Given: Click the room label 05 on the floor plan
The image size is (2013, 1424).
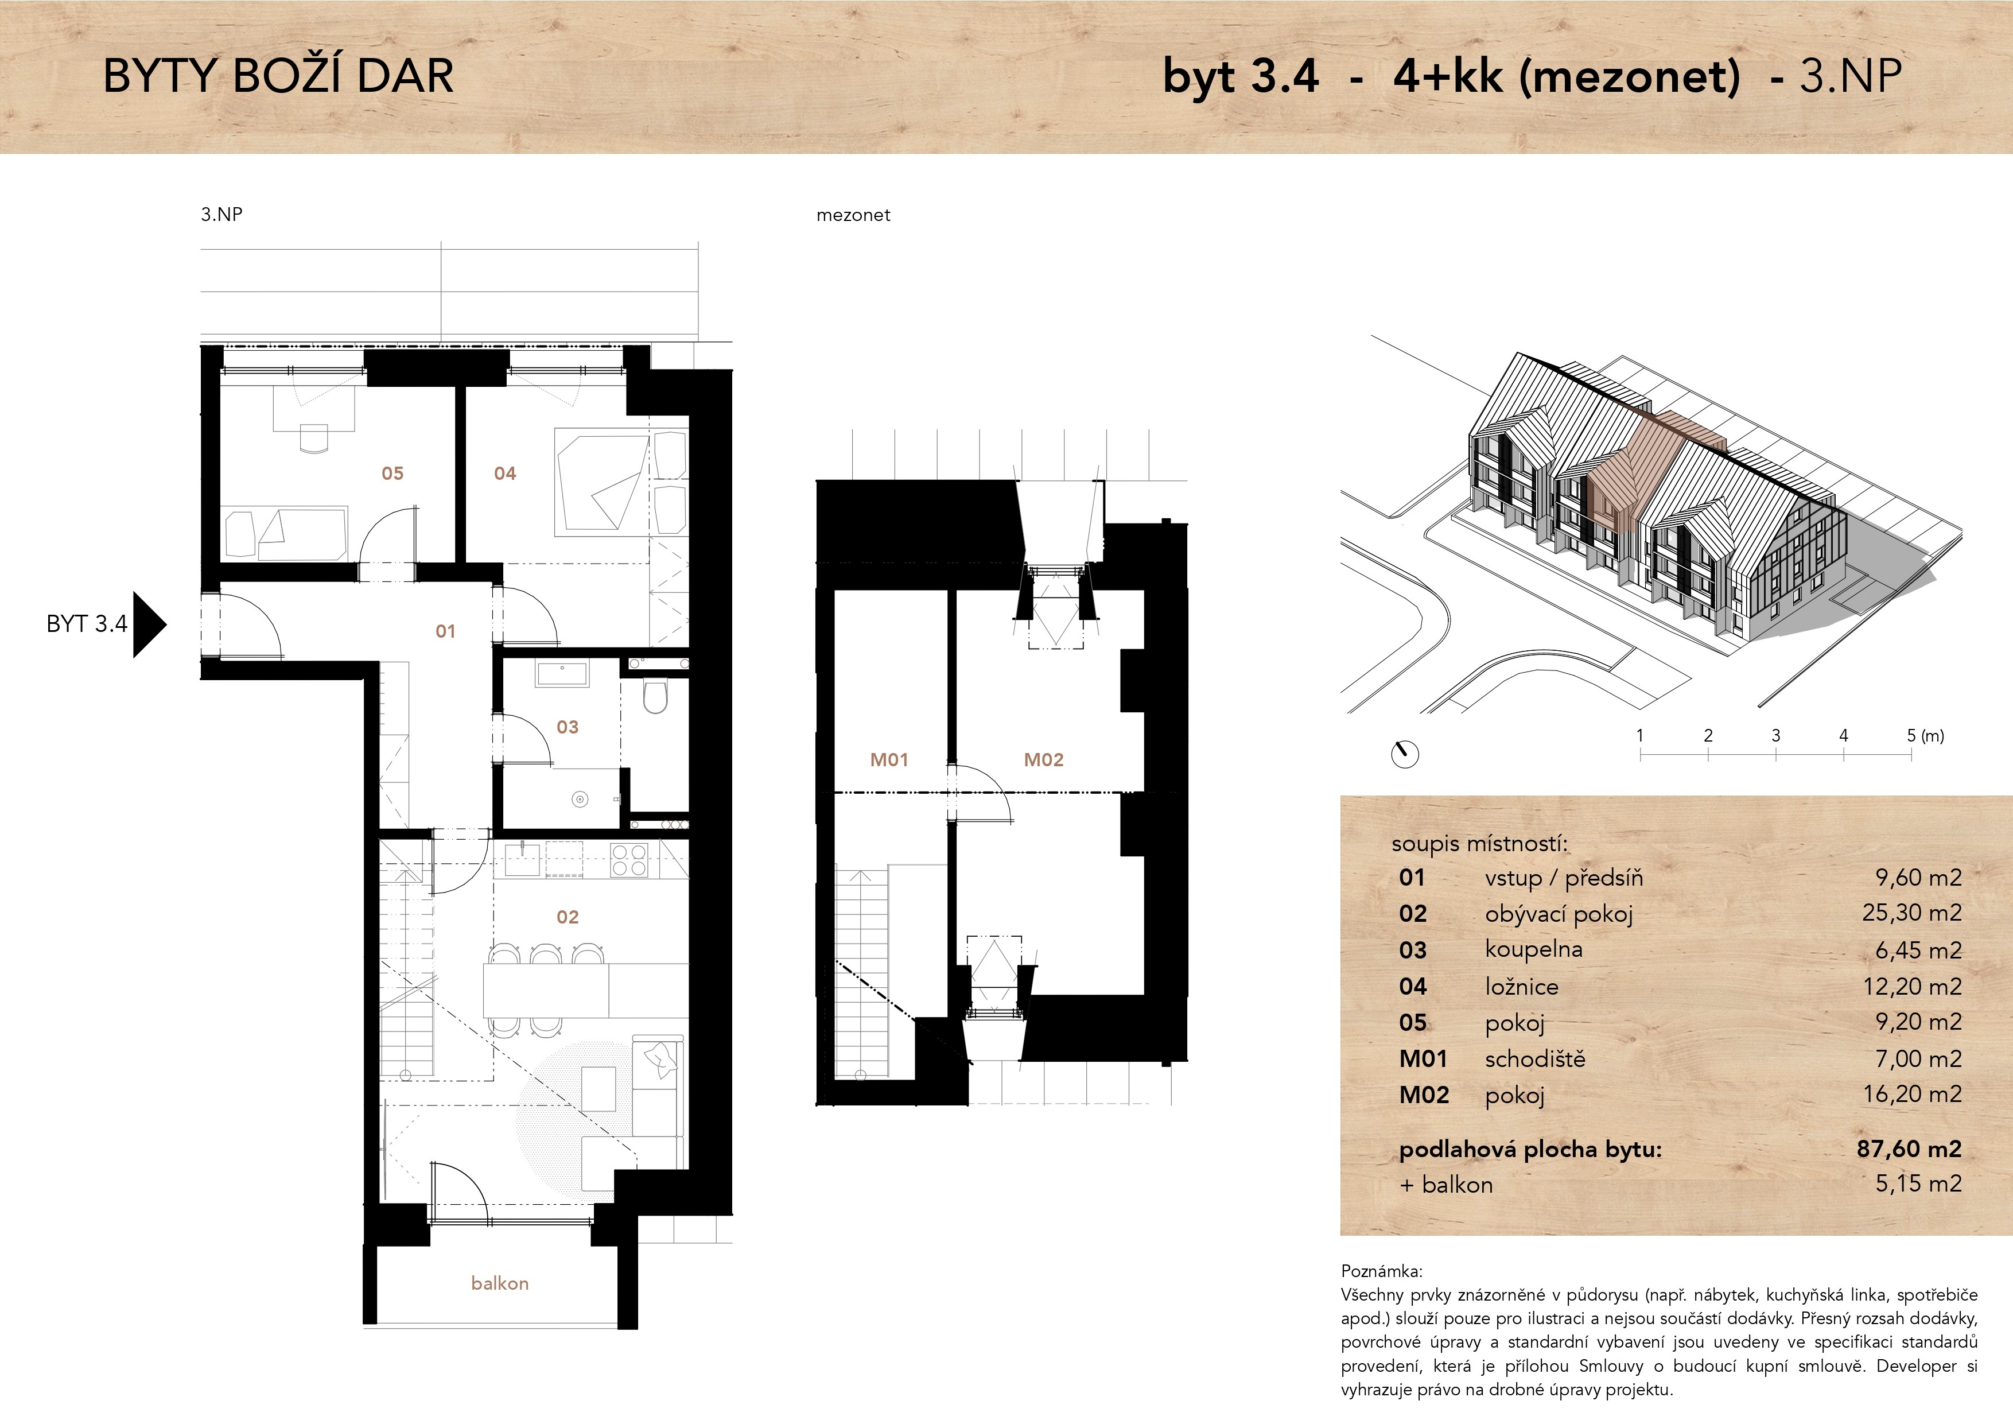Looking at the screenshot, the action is coord(392,474).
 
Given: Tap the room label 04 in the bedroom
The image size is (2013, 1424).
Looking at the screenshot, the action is coord(505,474).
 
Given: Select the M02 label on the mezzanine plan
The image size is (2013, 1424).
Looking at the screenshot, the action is coord(1043,759).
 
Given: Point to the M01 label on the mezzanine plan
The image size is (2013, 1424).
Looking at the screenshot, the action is coord(889,759).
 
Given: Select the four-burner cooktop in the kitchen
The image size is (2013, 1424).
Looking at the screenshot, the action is coord(628,859).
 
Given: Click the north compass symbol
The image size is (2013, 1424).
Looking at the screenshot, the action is coord(1405,754).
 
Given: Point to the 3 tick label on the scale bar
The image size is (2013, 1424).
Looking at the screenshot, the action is coord(1775,736).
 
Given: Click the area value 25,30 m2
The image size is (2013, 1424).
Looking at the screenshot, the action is coord(1911,913).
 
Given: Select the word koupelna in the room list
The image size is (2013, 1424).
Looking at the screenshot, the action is coord(1533,950).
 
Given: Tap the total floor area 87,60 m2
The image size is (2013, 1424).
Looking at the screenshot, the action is coord(1909,1148).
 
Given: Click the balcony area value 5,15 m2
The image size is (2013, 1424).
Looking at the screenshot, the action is coord(1918,1184).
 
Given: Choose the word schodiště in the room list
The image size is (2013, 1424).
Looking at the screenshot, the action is coord(1535,1058).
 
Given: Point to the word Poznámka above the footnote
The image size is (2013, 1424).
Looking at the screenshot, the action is coord(1382,1271).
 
